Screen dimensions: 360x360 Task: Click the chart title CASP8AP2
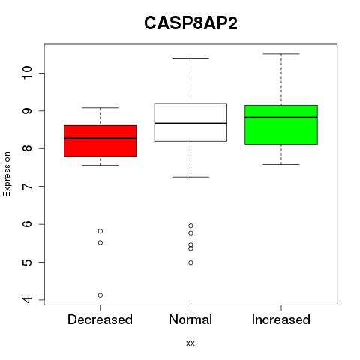pos(190,23)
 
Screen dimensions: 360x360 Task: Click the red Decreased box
pos(100,141)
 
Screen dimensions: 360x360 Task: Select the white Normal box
pos(190,122)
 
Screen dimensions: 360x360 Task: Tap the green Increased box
pos(281,124)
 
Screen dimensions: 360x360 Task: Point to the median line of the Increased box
pos(281,118)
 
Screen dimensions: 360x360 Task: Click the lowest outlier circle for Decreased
pos(100,295)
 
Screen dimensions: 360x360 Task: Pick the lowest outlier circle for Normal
pos(190,262)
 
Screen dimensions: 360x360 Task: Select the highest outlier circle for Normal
pos(190,226)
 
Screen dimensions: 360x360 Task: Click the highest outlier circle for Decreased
pos(100,231)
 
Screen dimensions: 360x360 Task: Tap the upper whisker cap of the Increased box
pos(281,54)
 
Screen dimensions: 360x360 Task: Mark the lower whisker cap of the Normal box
pos(190,177)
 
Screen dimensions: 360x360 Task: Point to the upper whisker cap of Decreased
pos(100,108)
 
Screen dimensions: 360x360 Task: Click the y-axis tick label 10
pos(27,73)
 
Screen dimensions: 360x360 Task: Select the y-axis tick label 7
pos(27,187)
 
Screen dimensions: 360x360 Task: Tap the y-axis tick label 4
pos(27,299)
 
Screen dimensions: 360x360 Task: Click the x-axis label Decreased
pos(100,319)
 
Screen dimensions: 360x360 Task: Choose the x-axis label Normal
pos(190,319)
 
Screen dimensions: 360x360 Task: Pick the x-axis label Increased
pos(281,319)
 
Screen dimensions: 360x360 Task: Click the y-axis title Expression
pos(7,174)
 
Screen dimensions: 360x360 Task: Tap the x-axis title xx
pos(190,343)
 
